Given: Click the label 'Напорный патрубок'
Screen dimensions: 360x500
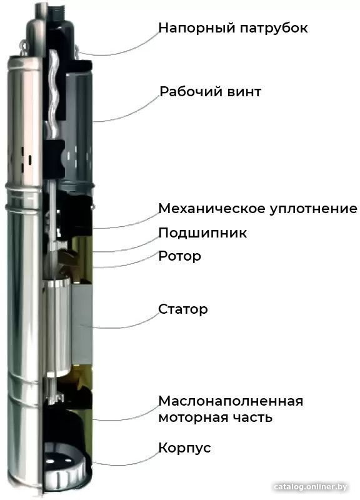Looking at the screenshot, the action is tap(233, 28).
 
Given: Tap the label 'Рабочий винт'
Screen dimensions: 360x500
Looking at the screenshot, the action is tap(210, 92).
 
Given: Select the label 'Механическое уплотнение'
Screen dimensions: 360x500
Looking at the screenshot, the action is tap(257, 209).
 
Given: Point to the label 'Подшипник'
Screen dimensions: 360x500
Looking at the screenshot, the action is tap(202, 233).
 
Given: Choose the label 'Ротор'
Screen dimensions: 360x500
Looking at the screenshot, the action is tap(179, 256).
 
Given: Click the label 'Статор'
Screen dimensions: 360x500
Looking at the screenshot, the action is tap(183, 309).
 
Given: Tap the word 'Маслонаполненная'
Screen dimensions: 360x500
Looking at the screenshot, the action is tap(231, 401).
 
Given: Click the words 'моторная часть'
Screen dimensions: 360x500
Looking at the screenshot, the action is tap(215, 417).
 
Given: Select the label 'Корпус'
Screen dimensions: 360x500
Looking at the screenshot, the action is tap(184, 448).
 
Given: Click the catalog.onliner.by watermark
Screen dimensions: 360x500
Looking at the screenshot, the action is tap(310, 487).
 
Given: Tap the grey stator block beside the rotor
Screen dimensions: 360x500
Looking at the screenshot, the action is tap(82, 324).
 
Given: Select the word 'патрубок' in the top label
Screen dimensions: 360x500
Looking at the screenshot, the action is tap(274, 28).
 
